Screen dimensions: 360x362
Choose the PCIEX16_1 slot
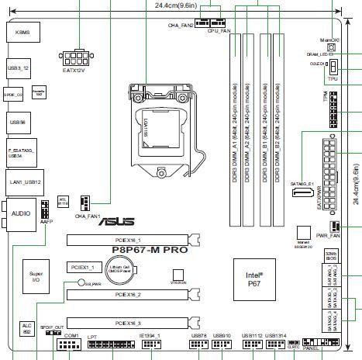[x=128, y=241]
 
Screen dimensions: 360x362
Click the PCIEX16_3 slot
[x=128, y=322]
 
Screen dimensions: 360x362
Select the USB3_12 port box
[x=19, y=68]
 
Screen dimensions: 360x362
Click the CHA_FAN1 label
[x=88, y=215]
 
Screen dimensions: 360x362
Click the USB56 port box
[x=19, y=122]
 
